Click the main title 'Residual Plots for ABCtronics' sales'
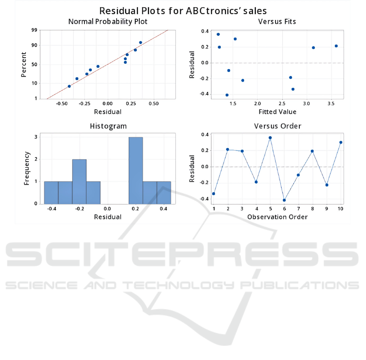point(183,10)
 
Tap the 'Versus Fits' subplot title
point(277,22)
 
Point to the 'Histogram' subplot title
point(108,126)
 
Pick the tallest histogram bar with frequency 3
point(136,170)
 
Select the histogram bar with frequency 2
point(79,181)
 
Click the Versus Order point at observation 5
point(270,138)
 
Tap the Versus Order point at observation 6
point(284,200)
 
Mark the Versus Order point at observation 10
point(341,142)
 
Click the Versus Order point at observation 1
point(214,193)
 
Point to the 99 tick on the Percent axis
point(35,30)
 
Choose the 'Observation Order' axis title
point(277,217)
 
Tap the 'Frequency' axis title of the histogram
point(27,168)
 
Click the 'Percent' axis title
point(24,64)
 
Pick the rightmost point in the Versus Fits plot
point(336,46)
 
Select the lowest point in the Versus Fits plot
point(227,95)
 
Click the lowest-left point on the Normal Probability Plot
point(69,86)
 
